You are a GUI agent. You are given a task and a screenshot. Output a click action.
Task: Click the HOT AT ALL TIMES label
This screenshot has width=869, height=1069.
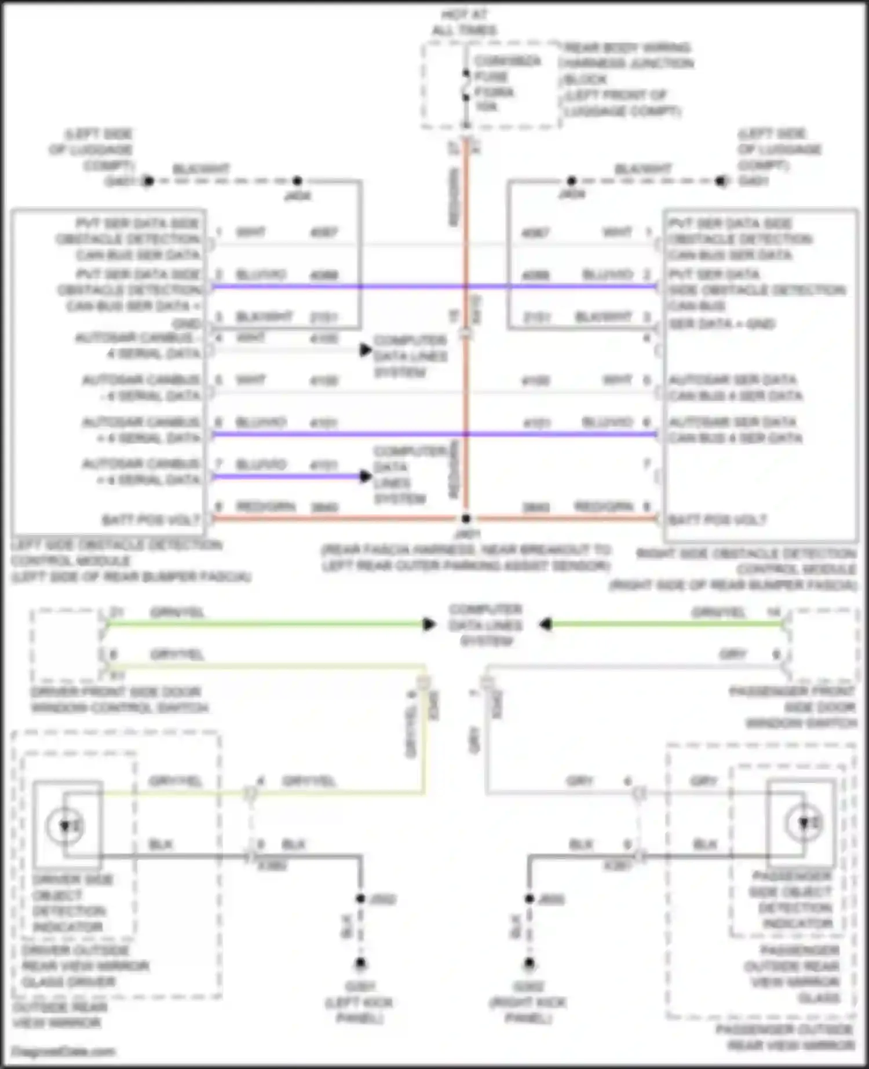(x=464, y=22)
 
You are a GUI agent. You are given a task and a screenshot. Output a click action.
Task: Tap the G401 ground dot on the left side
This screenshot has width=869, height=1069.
(x=148, y=181)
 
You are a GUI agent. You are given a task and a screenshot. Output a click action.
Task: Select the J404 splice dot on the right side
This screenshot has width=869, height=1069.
(x=571, y=181)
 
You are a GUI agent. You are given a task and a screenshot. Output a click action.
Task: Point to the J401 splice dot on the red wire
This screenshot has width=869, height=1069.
(x=466, y=518)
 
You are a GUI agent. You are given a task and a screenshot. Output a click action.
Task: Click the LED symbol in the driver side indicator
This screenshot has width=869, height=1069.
(x=65, y=825)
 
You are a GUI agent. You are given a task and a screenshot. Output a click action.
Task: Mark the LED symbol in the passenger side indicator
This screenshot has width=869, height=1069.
(x=805, y=822)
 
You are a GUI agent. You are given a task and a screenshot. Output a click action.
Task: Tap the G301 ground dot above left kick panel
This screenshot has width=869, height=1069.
(x=360, y=964)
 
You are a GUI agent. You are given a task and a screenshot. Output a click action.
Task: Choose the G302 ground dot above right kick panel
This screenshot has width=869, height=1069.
(x=529, y=964)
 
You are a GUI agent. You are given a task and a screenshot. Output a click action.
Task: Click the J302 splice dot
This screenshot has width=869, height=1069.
(x=360, y=899)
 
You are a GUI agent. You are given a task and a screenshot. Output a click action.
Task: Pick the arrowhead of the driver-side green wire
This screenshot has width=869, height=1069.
(x=429, y=624)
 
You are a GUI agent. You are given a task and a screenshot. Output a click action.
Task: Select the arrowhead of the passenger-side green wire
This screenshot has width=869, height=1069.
(x=545, y=624)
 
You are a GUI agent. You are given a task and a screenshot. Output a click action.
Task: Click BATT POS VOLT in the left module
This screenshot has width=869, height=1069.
(x=151, y=519)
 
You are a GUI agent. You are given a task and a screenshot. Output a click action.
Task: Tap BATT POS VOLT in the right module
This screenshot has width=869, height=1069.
(x=717, y=519)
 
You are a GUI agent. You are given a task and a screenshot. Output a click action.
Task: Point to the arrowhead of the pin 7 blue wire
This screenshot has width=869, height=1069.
(x=366, y=477)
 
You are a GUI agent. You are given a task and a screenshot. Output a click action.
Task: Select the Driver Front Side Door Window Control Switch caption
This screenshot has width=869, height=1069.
(x=119, y=700)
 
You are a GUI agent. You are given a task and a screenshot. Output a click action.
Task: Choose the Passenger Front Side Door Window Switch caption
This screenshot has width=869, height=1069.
(x=794, y=707)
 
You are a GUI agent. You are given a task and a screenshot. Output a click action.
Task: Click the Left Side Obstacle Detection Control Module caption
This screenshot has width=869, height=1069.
(x=130, y=561)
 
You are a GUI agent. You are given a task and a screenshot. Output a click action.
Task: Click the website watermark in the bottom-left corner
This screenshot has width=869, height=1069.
(x=63, y=1052)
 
